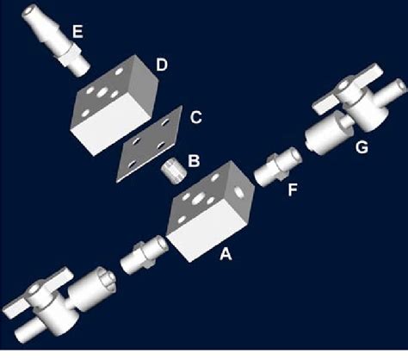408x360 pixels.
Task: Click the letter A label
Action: click(227, 255)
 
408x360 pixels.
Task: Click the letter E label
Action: click(77, 32)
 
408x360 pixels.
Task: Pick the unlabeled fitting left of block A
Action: click(139, 256)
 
